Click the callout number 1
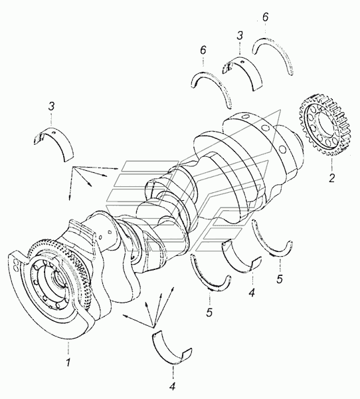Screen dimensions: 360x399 point(68,362)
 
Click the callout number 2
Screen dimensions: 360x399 point(331,178)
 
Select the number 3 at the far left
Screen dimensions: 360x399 point(51,106)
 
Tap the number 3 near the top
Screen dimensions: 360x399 point(240,36)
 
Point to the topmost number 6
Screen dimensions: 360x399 point(265,17)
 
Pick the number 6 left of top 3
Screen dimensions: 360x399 point(203,51)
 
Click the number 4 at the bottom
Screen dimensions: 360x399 point(173,386)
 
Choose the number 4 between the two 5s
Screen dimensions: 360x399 point(252,293)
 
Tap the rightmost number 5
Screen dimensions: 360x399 point(280,279)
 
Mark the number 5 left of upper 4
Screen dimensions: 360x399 point(209,313)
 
